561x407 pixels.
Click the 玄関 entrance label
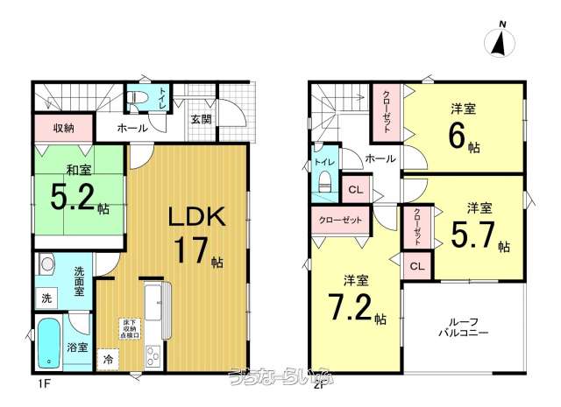[x=200, y=118]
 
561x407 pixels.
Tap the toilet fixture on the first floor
[x=138, y=98]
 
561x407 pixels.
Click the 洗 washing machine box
[x=46, y=298]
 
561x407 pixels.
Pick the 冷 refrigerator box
[x=109, y=359]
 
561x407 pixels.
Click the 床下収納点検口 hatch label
[x=131, y=329]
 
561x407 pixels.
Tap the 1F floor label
[x=41, y=382]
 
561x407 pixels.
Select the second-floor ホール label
[x=379, y=159]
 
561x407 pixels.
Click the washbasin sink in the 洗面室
[x=47, y=264]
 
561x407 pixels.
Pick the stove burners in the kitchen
[x=152, y=356]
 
